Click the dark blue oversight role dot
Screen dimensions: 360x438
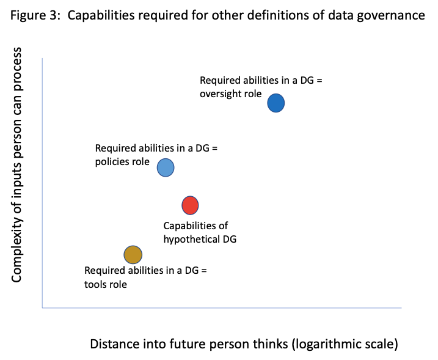(276, 103)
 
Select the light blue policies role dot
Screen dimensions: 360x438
(166, 167)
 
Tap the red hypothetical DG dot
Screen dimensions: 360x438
(191, 205)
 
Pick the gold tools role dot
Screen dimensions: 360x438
(133, 254)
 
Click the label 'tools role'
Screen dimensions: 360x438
(106, 284)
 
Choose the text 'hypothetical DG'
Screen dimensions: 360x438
(200, 239)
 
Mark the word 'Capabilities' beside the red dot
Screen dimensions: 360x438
(188, 226)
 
